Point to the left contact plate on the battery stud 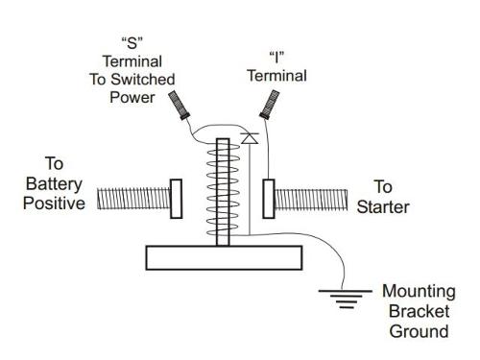pyautogui.click(x=176, y=200)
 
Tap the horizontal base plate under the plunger pyautogui.click(x=224, y=257)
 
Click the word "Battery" pyautogui.click(x=60, y=182)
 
